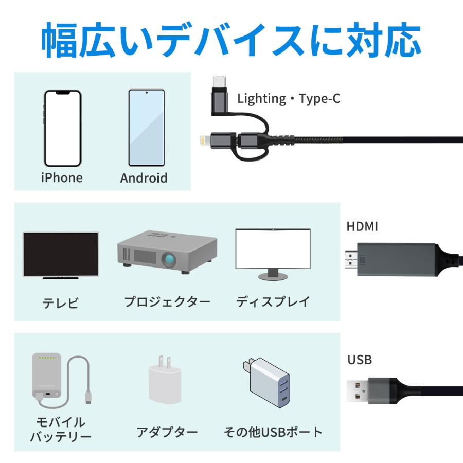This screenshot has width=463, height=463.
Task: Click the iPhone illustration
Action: tap(62, 128)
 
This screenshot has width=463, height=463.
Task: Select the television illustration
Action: tap(60, 255)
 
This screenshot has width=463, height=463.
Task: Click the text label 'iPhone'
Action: tap(62, 178)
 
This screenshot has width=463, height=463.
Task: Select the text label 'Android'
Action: tap(144, 179)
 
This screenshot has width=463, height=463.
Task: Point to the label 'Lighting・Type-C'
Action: tap(289, 99)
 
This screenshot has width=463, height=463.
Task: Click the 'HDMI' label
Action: tap(362, 226)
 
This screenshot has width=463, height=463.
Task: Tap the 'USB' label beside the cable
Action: tap(360, 360)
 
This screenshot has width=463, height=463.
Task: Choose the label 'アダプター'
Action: tap(167, 432)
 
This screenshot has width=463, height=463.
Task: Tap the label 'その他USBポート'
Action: tap(273, 432)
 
